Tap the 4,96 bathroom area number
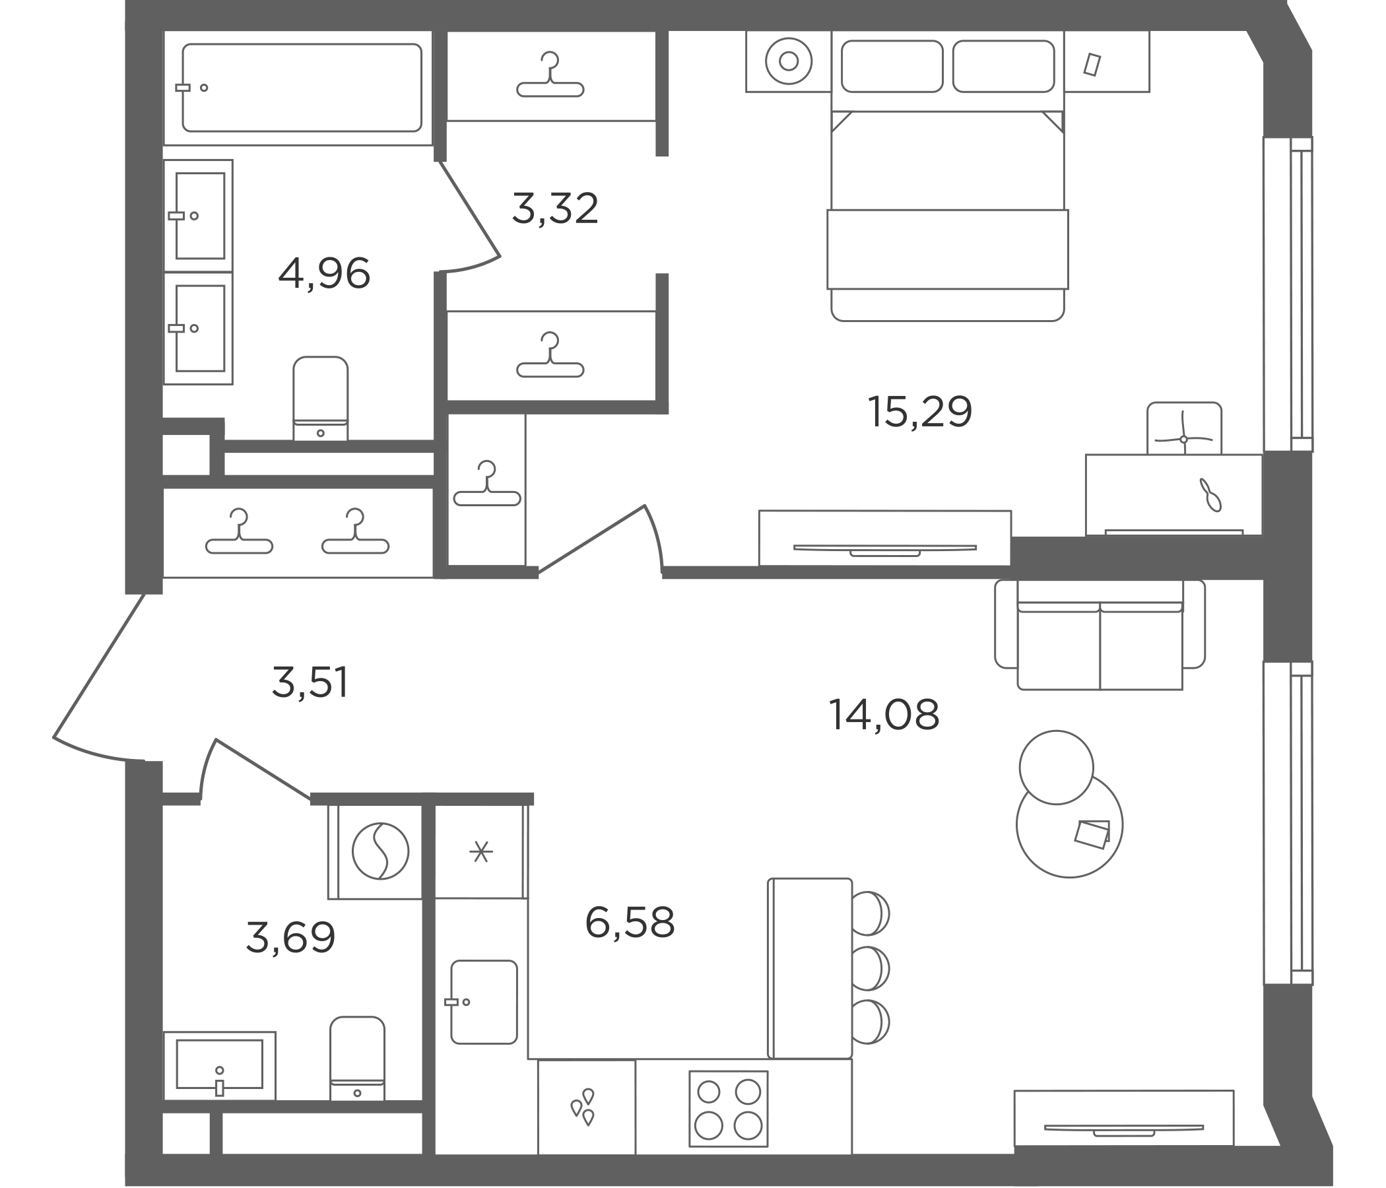[x=324, y=274]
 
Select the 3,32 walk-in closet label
[x=554, y=208]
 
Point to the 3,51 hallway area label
[x=310, y=682]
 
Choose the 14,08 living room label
[x=884, y=714]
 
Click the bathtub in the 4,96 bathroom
[x=302, y=88]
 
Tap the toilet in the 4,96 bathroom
[x=320, y=398]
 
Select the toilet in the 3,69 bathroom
[x=357, y=1059]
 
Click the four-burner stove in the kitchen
[x=729, y=1108]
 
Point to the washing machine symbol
[x=380, y=851]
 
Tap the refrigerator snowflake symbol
[x=480, y=851]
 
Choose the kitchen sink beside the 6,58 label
[x=484, y=1002]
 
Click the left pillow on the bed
[x=892, y=66]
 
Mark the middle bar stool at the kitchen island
[x=870, y=968]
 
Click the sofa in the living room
[x=1100, y=634]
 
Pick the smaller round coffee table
[x=1056, y=766]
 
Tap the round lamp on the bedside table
[x=789, y=61]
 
